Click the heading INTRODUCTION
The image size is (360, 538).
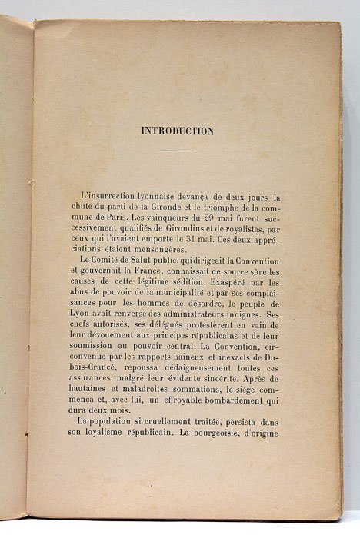(x=178, y=131)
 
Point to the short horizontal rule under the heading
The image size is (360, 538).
(x=177, y=150)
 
